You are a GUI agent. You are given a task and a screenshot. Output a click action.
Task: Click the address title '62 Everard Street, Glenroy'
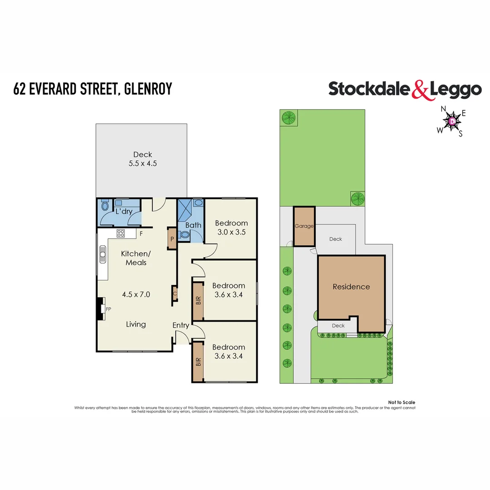coord(93,88)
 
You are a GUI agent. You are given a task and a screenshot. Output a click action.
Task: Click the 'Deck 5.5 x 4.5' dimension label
coord(142,159)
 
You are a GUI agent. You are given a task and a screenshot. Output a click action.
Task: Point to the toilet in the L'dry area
coord(104,207)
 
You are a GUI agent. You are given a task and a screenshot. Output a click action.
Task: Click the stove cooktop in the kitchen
coord(121,234)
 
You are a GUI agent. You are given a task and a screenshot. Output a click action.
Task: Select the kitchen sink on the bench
coord(103,256)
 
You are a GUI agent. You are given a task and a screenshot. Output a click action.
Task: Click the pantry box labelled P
coord(172,239)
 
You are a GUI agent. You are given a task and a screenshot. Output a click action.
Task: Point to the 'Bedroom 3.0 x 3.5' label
coord(231,227)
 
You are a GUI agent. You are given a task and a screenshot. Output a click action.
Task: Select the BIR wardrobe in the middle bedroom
coord(198,301)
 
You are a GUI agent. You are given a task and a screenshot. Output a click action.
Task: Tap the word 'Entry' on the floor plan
coord(181,325)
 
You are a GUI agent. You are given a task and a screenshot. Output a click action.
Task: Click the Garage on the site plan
coord(304,226)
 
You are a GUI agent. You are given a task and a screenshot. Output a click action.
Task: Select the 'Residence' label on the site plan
coord(351,287)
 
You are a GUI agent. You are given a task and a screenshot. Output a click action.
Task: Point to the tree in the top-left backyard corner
coord(288,118)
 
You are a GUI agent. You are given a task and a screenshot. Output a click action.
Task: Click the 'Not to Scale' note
coord(402,402)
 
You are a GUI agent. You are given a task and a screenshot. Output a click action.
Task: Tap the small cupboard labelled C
coord(174,293)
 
